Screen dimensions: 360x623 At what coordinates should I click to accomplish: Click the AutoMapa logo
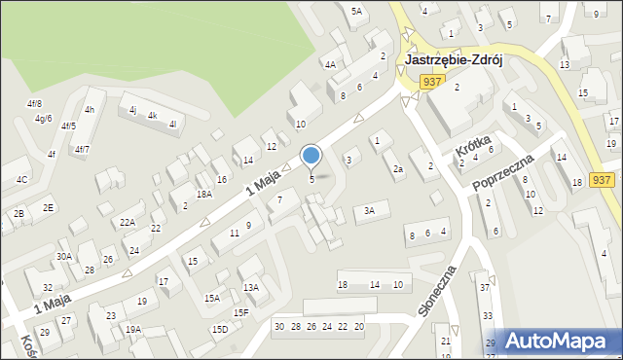point(564,341)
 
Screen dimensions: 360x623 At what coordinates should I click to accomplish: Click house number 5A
point(356,11)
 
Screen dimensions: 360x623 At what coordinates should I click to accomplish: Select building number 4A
point(331,64)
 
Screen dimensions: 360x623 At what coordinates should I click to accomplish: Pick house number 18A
point(203,194)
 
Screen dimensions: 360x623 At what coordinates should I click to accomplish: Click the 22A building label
point(128,222)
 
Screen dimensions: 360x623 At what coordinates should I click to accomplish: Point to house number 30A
point(64,256)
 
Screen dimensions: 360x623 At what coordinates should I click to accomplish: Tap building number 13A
point(251,287)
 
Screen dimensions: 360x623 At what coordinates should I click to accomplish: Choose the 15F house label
point(240,312)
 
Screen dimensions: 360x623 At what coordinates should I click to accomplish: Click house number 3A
point(369,211)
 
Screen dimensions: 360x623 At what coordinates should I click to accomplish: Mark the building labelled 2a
point(397,169)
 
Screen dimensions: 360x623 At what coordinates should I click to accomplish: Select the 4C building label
point(21,180)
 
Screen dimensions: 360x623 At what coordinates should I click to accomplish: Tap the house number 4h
point(90,109)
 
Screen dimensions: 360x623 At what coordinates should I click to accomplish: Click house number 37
point(485,287)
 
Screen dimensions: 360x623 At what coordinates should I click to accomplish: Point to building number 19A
point(133,329)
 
